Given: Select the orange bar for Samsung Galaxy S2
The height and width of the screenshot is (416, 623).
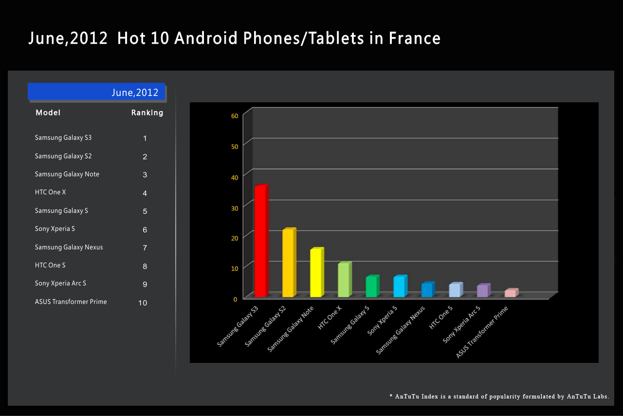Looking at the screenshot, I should click(289, 263).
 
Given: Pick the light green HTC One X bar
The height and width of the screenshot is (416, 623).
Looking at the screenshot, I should click(344, 280).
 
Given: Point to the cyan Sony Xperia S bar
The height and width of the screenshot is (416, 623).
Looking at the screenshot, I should click(400, 287).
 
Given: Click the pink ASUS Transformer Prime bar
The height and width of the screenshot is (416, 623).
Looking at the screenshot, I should click(511, 293).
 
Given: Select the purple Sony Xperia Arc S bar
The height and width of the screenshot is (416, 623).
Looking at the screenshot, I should click(483, 291).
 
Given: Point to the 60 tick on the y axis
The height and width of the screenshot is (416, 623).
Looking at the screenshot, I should click(235, 116).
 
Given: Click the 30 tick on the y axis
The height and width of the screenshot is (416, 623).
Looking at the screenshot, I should click(235, 208).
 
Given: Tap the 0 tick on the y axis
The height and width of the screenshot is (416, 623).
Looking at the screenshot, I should click(235, 299).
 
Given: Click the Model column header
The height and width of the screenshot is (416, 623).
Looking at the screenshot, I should click(48, 113).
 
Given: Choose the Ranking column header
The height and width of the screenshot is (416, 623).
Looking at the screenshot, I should click(147, 113).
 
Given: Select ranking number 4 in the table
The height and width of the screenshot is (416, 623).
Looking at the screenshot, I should click(145, 193).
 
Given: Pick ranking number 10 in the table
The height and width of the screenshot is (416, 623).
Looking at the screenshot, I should click(143, 303).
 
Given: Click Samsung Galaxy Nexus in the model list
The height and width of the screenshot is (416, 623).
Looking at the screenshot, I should click(69, 247).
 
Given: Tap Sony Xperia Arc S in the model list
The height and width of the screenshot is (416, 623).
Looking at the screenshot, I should click(60, 284).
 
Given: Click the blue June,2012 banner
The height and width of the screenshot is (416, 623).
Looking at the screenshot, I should click(96, 92).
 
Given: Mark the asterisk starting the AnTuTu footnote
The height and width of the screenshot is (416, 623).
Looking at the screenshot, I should click(391, 397).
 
